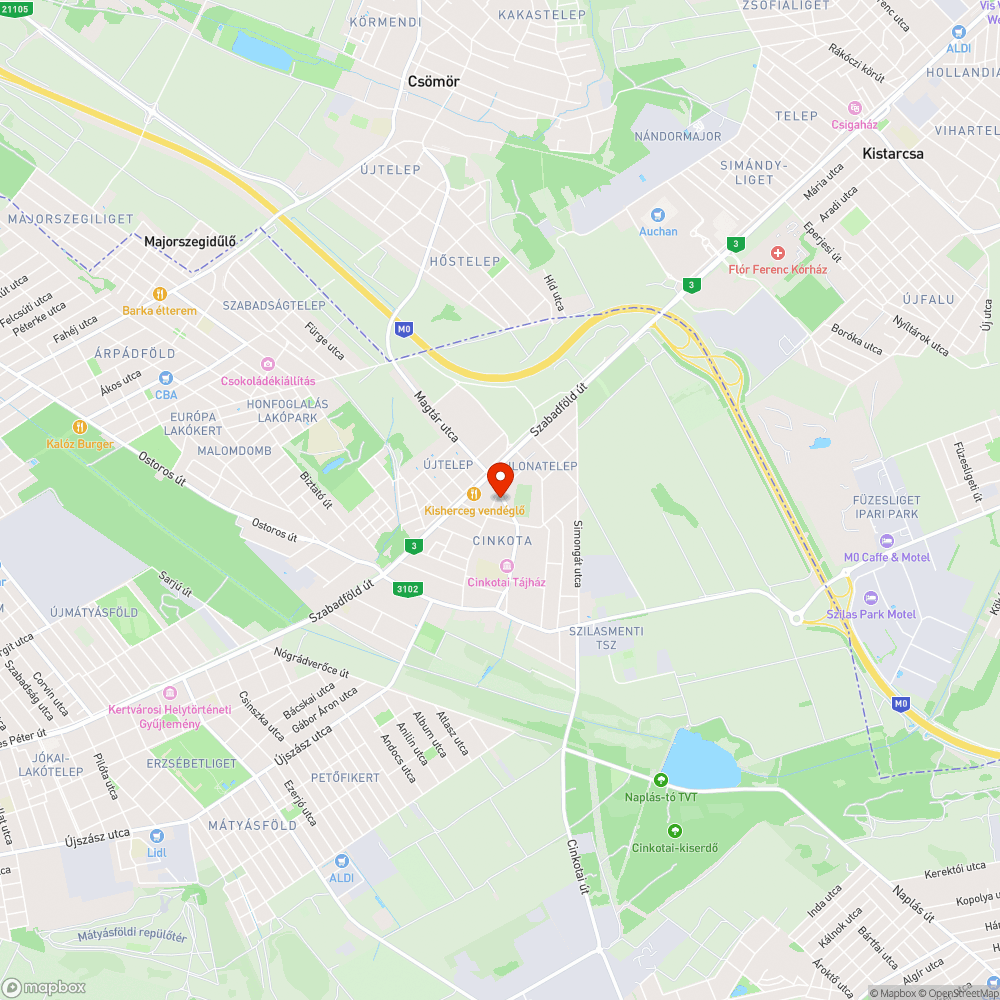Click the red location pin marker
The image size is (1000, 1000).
pos(500,478)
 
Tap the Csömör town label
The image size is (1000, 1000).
pos(433,82)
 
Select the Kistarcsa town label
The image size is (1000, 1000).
pos(893,154)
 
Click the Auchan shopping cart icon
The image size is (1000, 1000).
pos(657,214)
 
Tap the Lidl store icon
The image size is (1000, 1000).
pos(156,836)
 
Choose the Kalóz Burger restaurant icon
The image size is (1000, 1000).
pos(80,427)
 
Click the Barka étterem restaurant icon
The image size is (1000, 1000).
pos(159,294)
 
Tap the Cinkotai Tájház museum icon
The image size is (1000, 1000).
pos(507,567)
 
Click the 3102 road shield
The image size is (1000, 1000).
pos(407,589)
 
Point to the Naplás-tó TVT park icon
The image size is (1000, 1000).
pos(660,780)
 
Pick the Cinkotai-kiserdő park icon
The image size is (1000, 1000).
pos(674,831)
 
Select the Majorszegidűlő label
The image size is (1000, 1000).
pos(189,241)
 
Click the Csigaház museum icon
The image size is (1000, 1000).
pos(854,108)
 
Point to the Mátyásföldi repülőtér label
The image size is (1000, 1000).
pos(132,937)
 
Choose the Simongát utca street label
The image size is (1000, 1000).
pos(577,553)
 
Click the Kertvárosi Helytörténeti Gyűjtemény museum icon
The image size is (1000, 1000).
pos(169,693)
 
